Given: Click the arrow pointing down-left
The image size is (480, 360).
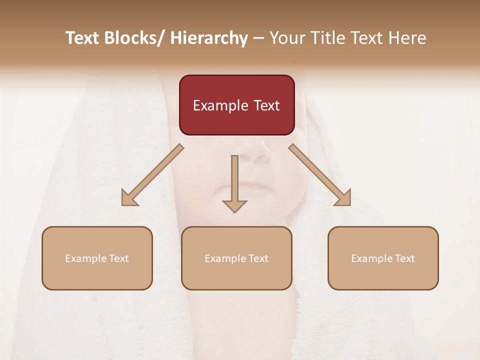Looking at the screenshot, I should point(152,175).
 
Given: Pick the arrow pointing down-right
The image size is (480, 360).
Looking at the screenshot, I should point(320,175).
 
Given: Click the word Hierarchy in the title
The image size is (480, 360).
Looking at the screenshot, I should point(209,38).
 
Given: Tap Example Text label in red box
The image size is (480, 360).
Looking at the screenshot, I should point(236,105).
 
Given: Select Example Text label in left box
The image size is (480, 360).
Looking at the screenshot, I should point(97,258).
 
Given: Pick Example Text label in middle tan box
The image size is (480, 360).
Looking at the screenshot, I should point(236,258).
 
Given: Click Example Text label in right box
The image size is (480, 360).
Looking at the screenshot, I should point(383,258).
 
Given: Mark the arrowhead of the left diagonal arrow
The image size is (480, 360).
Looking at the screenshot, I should point(129,198).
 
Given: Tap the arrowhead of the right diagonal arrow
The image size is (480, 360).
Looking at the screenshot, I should point(343,198).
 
